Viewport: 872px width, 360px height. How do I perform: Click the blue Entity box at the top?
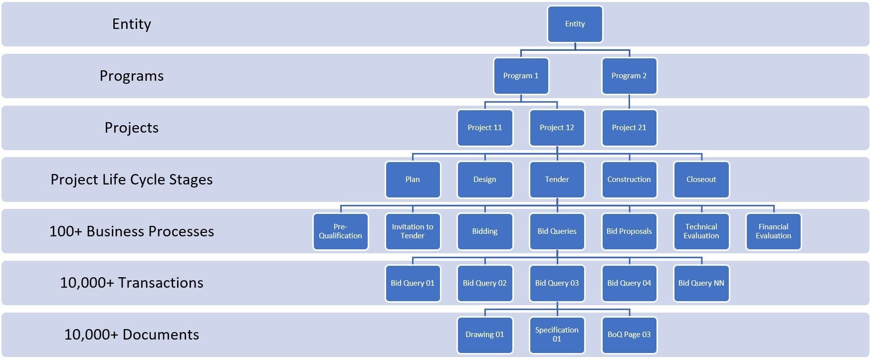[x=575, y=24]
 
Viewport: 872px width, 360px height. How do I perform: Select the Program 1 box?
[x=521, y=76]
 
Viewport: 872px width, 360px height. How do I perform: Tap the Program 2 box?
[x=629, y=76]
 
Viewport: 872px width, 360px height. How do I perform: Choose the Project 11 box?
[x=485, y=128]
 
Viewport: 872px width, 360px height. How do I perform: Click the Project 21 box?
[x=629, y=128]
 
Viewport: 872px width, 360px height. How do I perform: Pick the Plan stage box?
[x=413, y=180]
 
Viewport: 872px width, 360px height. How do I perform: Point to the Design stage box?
[x=485, y=180]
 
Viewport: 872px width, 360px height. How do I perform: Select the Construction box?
[x=629, y=180]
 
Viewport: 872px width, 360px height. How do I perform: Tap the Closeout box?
[x=701, y=180]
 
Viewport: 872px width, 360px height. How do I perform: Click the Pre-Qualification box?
[x=341, y=231]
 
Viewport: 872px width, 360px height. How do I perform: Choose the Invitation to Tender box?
[x=413, y=231]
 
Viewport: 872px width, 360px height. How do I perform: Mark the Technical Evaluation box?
[x=701, y=231]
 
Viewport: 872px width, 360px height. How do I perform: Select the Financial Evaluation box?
[x=773, y=231]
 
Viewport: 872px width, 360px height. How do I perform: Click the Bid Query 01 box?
[x=413, y=283]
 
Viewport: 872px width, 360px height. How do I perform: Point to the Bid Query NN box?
[x=701, y=283]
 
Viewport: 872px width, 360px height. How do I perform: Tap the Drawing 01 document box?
[x=485, y=335]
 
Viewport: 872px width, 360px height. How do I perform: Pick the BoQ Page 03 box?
[x=629, y=335]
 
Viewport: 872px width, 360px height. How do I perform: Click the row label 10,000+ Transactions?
[x=132, y=283]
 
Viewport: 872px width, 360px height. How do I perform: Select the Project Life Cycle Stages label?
[x=132, y=180]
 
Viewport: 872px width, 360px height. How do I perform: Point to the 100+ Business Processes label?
[x=132, y=231]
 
